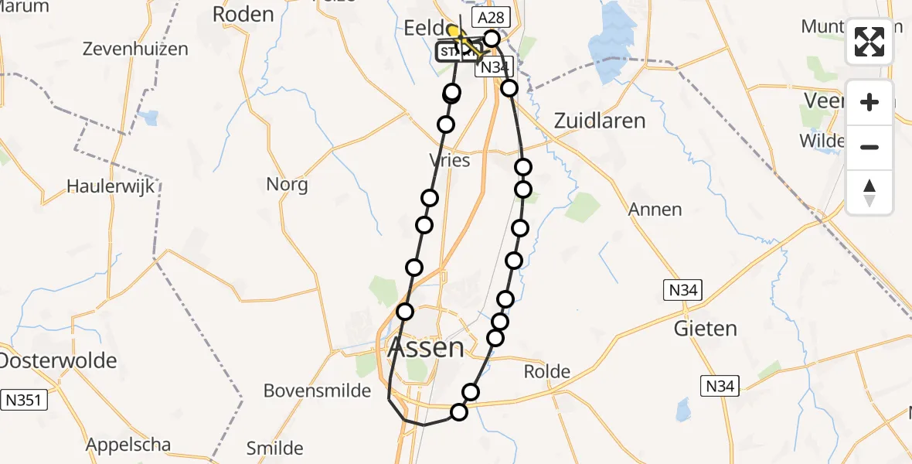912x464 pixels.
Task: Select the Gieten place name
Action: coord(705,328)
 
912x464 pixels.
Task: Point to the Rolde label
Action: coord(547,371)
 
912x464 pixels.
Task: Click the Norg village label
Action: coord(287,184)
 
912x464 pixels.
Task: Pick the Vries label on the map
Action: coord(449,159)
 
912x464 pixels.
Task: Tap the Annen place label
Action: coord(655,209)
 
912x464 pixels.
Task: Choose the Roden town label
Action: coord(243,14)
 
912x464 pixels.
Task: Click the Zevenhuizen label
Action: coord(135,49)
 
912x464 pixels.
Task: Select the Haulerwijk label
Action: coord(111,186)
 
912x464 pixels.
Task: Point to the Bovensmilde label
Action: coord(318,391)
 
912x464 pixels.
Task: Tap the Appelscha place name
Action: coord(128,445)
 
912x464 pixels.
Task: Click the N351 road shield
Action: coord(24,400)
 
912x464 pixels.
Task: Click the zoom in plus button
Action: coord(869,102)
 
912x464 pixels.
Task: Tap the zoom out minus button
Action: coord(869,147)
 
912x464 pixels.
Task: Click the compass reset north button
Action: coord(869,193)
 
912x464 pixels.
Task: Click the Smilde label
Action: coord(274,448)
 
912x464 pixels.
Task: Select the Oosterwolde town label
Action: coord(57,360)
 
